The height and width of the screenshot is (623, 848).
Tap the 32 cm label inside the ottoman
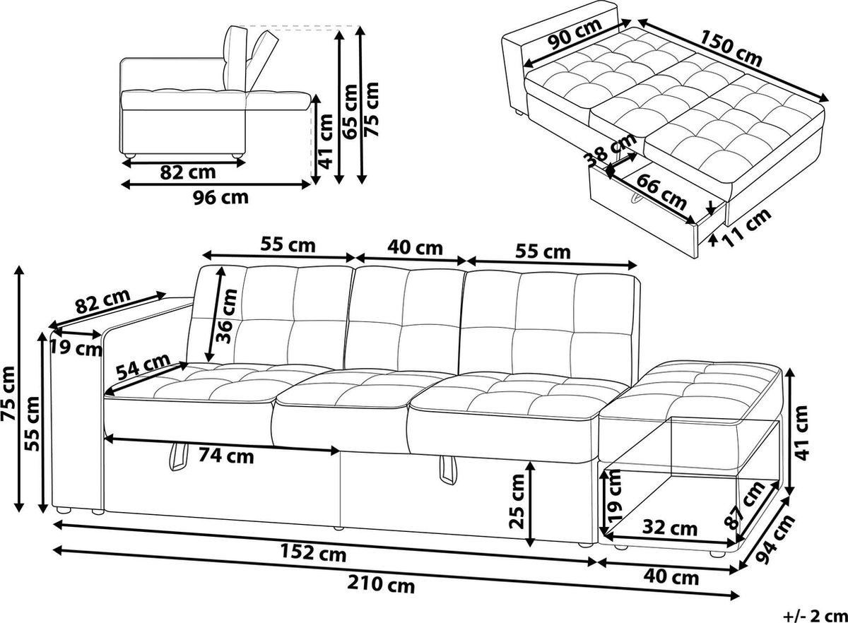[670, 528]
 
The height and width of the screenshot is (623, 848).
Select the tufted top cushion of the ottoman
[707, 385]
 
